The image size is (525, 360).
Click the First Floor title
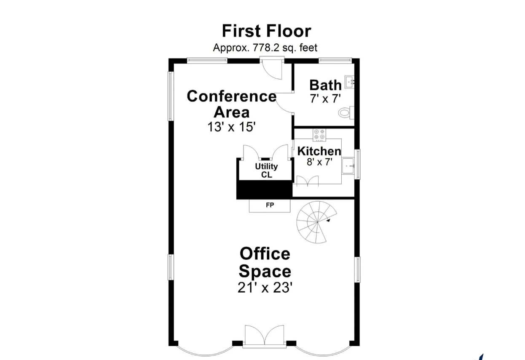(x=266, y=31)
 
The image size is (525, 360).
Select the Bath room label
(x=325, y=85)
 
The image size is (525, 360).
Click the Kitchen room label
(x=319, y=151)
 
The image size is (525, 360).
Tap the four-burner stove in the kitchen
(x=319, y=134)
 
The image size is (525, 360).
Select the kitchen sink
(x=348, y=166)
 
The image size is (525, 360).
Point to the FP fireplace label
(x=270, y=205)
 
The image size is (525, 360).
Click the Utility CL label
(x=266, y=171)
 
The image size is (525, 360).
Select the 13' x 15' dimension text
(x=231, y=127)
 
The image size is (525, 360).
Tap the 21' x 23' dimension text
(x=265, y=288)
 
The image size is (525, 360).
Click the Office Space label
(x=265, y=262)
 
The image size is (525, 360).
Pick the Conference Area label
(x=231, y=104)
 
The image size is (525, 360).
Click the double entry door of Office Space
(x=265, y=336)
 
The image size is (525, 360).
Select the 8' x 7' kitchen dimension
(x=319, y=162)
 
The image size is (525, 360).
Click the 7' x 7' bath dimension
(x=325, y=99)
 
